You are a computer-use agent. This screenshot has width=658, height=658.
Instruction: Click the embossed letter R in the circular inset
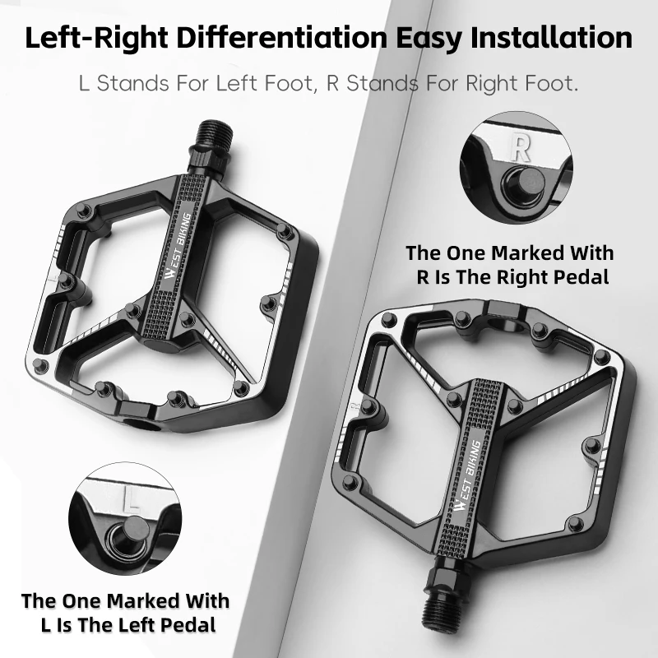point(520,147)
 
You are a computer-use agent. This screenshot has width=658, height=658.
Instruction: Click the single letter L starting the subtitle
point(83,84)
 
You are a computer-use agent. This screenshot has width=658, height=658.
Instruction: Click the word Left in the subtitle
point(239,84)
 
